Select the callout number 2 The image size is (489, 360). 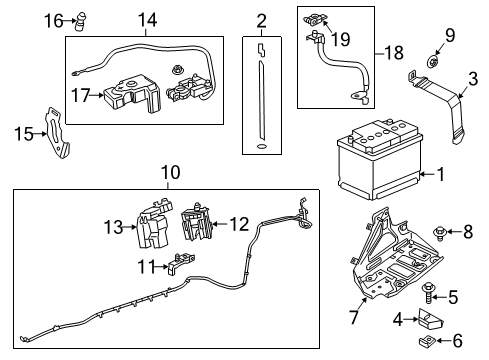tap(261, 20)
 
